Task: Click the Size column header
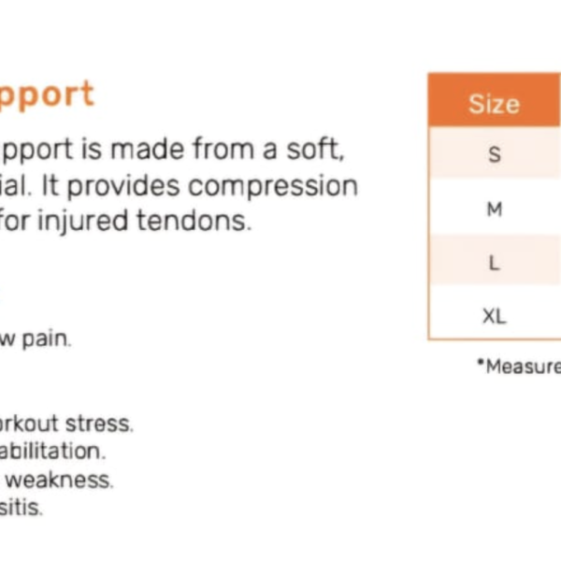pos(494,103)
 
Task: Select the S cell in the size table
pos(495,154)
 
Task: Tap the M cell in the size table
pos(495,209)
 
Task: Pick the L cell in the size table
pos(495,263)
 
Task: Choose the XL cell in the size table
pos(495,316)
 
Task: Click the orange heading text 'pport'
pos(47,94)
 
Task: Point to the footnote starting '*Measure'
pos(519,367)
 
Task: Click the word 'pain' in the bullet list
pos(48,338)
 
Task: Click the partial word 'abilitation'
pos(52,451)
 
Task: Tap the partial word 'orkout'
pos(29,423)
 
